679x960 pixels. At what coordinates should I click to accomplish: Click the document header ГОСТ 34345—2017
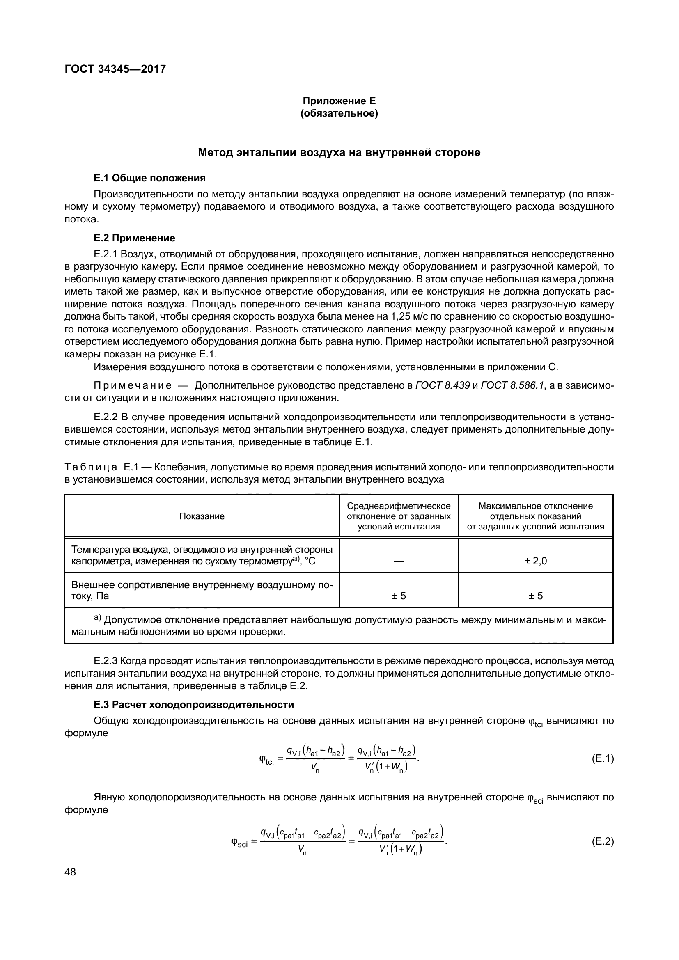(115, 69)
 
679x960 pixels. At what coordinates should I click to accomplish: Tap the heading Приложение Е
(339, 101)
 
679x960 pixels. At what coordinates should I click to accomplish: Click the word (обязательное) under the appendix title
(339, 114)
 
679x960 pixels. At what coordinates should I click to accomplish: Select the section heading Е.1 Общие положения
(150, 179)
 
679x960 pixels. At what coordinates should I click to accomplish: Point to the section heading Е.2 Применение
(134, 238)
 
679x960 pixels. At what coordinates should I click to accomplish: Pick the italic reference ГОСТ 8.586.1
(513, 385)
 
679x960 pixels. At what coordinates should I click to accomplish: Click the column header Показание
(202, 516)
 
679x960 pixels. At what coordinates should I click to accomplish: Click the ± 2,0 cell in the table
(536, 561)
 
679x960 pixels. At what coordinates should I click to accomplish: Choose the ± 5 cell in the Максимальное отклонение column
(536, 596)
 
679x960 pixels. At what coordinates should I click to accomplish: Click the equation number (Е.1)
(603, 759)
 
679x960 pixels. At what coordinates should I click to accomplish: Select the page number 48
(71, 872)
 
